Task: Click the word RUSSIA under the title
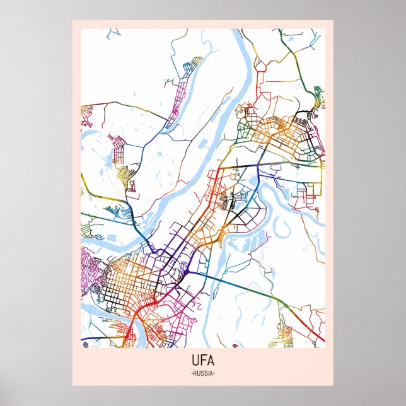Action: (202, 374)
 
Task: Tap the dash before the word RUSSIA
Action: (190, 374)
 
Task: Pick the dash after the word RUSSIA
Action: (214, 374)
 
